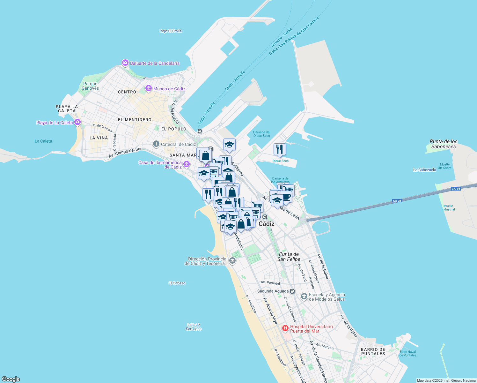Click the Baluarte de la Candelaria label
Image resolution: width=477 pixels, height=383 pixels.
click(155, 63)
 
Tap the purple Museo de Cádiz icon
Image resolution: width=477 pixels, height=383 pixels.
click(148, 88)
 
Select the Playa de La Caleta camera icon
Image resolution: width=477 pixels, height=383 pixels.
click(77, 122)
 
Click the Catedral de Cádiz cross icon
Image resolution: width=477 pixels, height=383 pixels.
click(156, 144)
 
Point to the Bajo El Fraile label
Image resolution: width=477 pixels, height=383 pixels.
click(171, 31)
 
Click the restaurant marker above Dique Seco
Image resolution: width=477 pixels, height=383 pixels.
click(280, 149)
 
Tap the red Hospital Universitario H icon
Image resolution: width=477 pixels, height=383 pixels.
click(285, 328)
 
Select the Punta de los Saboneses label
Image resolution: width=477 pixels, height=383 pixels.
click(444, 144)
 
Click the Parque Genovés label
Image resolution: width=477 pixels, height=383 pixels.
click(90, 86)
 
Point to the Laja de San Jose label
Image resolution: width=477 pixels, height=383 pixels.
click(194, 327)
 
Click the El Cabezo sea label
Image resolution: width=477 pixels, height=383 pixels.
click(177, 283)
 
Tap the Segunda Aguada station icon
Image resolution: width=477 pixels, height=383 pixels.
click(293, 291)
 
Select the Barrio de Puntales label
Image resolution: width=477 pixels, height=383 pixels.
click(373, 351)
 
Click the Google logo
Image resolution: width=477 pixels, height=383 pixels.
click(11, 379)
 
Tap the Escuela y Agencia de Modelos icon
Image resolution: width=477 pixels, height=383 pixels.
click(304, 297)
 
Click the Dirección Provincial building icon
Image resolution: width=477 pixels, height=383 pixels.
click(232, 261)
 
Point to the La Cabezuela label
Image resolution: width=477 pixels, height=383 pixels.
click(424, 170)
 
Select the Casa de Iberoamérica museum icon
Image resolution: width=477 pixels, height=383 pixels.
click(186, 164)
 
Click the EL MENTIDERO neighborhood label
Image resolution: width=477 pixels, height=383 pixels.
click(135, 120)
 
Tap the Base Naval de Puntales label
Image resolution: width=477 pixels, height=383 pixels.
click(408, 353)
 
